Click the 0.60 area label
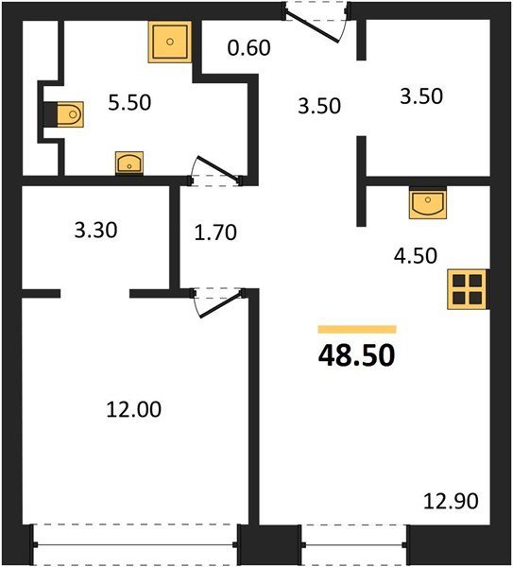tap(249, 48)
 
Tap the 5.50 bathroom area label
tap(129, 102)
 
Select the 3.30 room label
tap(95, 231)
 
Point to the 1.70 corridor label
tap(215, 232)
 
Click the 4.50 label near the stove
tap(416, 256)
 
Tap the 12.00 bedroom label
tap(134, 410)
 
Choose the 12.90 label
tap(451, 502)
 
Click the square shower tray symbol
tap(169, 42)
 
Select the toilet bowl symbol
tap(70, 114)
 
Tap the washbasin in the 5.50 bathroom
tap(129, 163)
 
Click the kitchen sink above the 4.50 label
tap(428, 203)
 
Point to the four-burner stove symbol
tap(467, 289)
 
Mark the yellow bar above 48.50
tap(357, 329)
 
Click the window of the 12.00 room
tap(135, 544)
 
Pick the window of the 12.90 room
tap(354, 544)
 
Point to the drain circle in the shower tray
tap(170, 42)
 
